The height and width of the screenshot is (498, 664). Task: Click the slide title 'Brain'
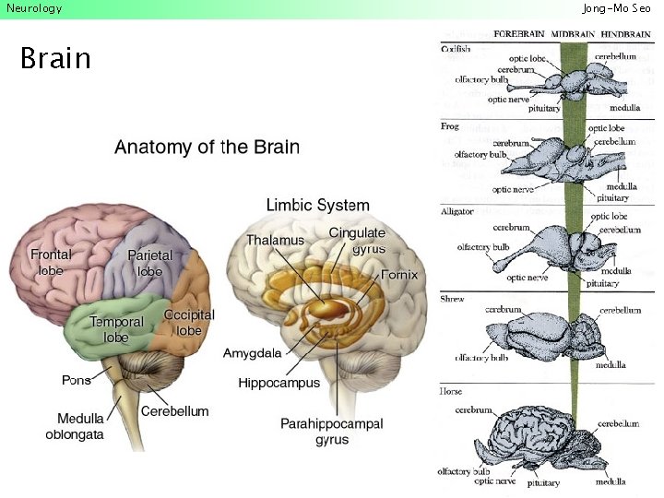[55, 59]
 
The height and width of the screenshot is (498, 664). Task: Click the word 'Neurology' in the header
[34, 8]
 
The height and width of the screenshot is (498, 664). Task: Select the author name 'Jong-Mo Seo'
[616, 8]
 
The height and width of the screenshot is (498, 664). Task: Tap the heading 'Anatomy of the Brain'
[207, 147]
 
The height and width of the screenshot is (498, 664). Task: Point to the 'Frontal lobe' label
[51, 262]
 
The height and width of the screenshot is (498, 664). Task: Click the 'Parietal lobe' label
[149, 263]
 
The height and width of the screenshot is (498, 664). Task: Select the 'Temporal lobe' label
[116, 329]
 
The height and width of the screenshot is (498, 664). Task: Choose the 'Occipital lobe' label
[189, 322]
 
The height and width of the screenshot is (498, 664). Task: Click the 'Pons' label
[76, 379]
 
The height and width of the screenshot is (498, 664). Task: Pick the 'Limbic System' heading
[317, 205]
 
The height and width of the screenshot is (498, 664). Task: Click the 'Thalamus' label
[275, 240]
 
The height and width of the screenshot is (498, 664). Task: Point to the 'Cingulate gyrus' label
[358, 241]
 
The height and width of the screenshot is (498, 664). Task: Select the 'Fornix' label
[399, 275]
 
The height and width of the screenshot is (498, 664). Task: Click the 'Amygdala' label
[252, 353]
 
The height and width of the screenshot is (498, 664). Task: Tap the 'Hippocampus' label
[279, 382]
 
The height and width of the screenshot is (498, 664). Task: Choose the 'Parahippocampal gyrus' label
[331, 432]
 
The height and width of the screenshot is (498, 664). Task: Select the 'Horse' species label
[452, 392]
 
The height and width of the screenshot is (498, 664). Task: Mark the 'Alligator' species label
[458, 211]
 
